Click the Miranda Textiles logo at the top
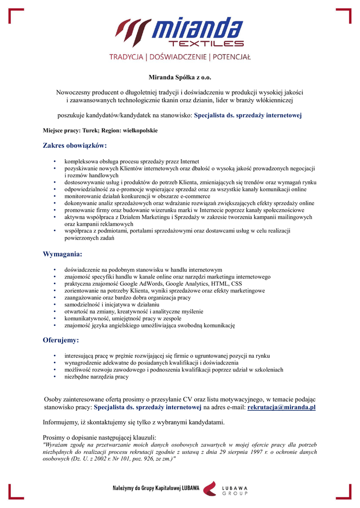click(180, 32)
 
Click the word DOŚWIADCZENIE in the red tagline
click(180, 57)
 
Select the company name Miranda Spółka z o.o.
click(180, 77)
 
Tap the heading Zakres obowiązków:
click(75, 146)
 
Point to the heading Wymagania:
click(62, 254)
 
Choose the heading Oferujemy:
click(61, 341)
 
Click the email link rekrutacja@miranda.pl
click(282, 407)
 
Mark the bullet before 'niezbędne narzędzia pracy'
click(55, 377)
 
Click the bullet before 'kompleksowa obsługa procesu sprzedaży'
click(55, 162)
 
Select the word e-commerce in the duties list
click(194, 196)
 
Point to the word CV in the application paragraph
click(186, 399)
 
